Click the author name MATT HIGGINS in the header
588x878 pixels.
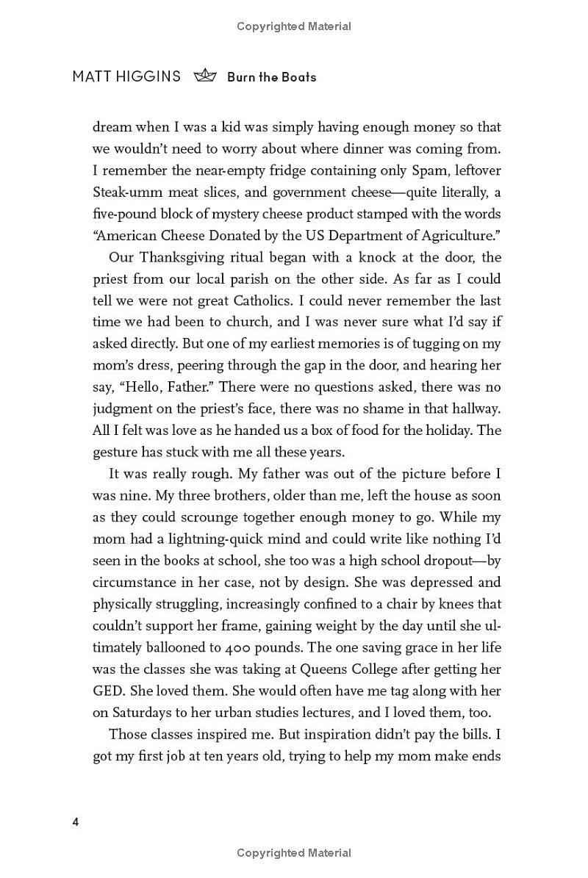[x=126, y=76]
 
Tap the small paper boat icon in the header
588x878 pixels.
[x=205, y=76]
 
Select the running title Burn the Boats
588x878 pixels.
[x=271, y=77]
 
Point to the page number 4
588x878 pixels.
[x=76, y=821]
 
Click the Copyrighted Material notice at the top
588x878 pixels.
[x=294, y=26]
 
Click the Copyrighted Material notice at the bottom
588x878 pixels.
[x=294, y=853]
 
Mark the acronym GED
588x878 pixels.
[x=108, y=691]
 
